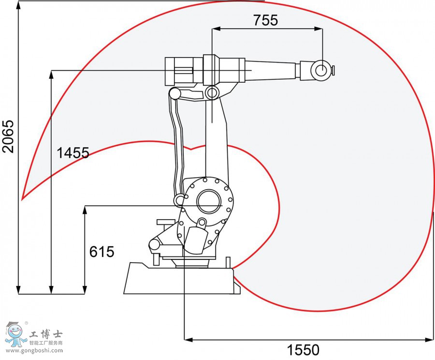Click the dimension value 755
point(265,20)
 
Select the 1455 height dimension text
point(73,153)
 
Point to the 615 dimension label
point(101,252)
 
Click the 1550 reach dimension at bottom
point(304,349)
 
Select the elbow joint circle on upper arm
point(211,92)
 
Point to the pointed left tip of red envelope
point(23,198)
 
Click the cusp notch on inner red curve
point(192,149)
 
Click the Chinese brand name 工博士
point(46,333)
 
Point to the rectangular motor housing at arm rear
point(179,70)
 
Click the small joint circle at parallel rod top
point(174,93)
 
